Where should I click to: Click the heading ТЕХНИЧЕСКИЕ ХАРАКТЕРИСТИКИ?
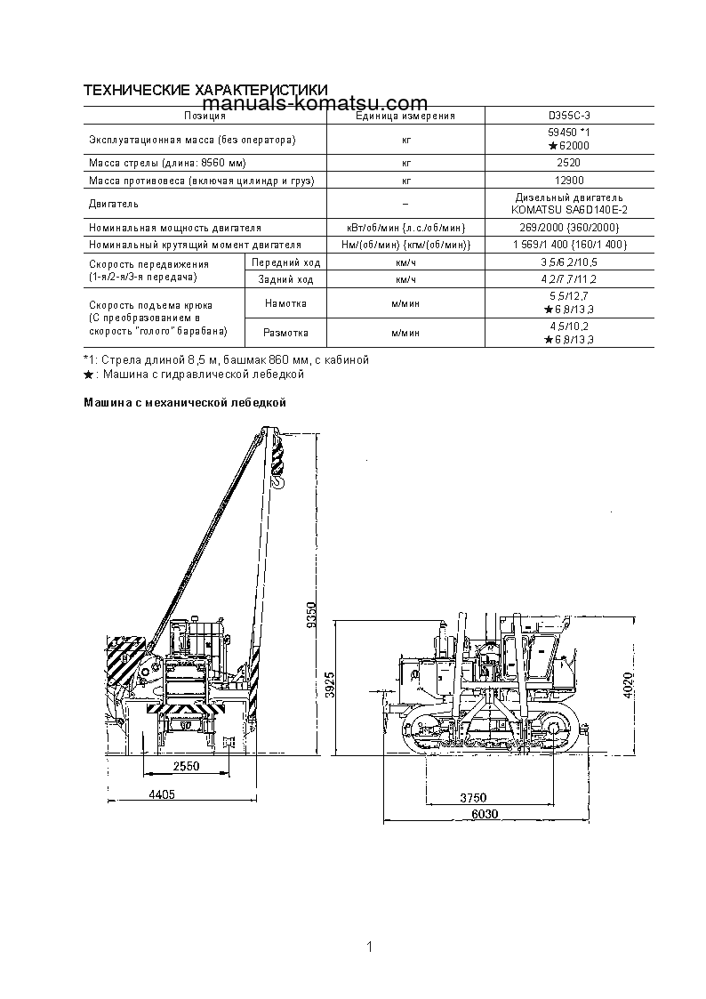tap(205, 91)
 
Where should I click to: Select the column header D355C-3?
tap(568, 116)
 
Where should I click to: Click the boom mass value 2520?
tap(568, 163)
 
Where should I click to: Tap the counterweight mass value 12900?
tap(568, 181)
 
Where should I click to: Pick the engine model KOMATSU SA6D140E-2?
tap(568, 210)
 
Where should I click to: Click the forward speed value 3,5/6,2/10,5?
tap(568, 263)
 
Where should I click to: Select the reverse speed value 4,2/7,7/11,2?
tap(568, 279)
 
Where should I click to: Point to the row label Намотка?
tap(286, 303)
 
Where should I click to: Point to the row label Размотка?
tap(286, 333)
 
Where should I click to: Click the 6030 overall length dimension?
tap(483, 815)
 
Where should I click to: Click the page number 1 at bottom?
tap(368, 947)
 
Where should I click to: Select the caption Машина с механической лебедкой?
tap(184, 403)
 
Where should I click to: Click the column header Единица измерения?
tap(405, 116)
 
